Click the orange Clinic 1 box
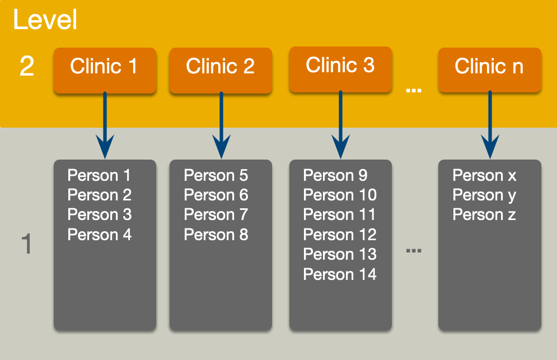[x=104, y=69]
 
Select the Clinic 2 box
[x=221, y=69]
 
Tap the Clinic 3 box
[x=340, y=69]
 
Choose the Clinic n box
[x=489, y=69]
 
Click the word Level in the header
[x=45, y=21]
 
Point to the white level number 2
[x=27, y=67]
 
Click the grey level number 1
[x=26, y=245]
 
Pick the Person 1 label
[x=99, y=175]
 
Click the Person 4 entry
[x=99, y=235]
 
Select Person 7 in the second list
[x=216, y=215]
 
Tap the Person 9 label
[x=335, y=175]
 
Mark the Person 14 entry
[x=340, y=274]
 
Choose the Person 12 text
[x=340, y=235]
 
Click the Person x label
[x=484, y=175]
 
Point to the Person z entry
[x=484, y=215]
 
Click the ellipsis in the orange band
[x=413, y=90]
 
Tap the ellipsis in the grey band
[x=413, y=250]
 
